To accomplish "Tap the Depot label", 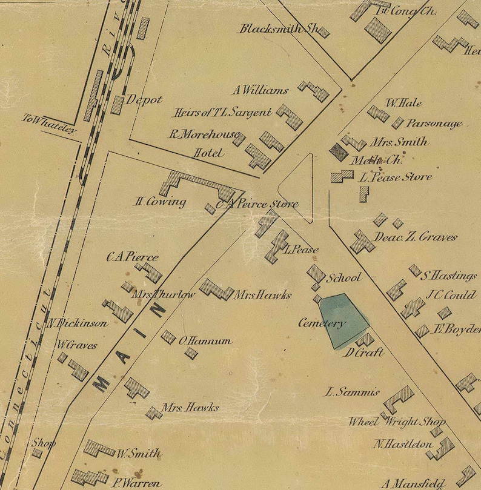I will pos(144,100).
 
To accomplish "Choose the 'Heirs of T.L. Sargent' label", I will pos(222,113).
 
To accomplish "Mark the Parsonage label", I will pos(434,124).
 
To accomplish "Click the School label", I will pos(343,278).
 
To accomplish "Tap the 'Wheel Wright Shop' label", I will pos(397,422).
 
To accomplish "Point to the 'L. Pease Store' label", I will pos(395,177).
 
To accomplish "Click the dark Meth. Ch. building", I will pos(338,151).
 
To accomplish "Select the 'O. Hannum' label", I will pos(205,341).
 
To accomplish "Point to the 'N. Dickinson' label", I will pos(78,323).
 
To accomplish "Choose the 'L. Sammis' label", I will pos(352,392).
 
